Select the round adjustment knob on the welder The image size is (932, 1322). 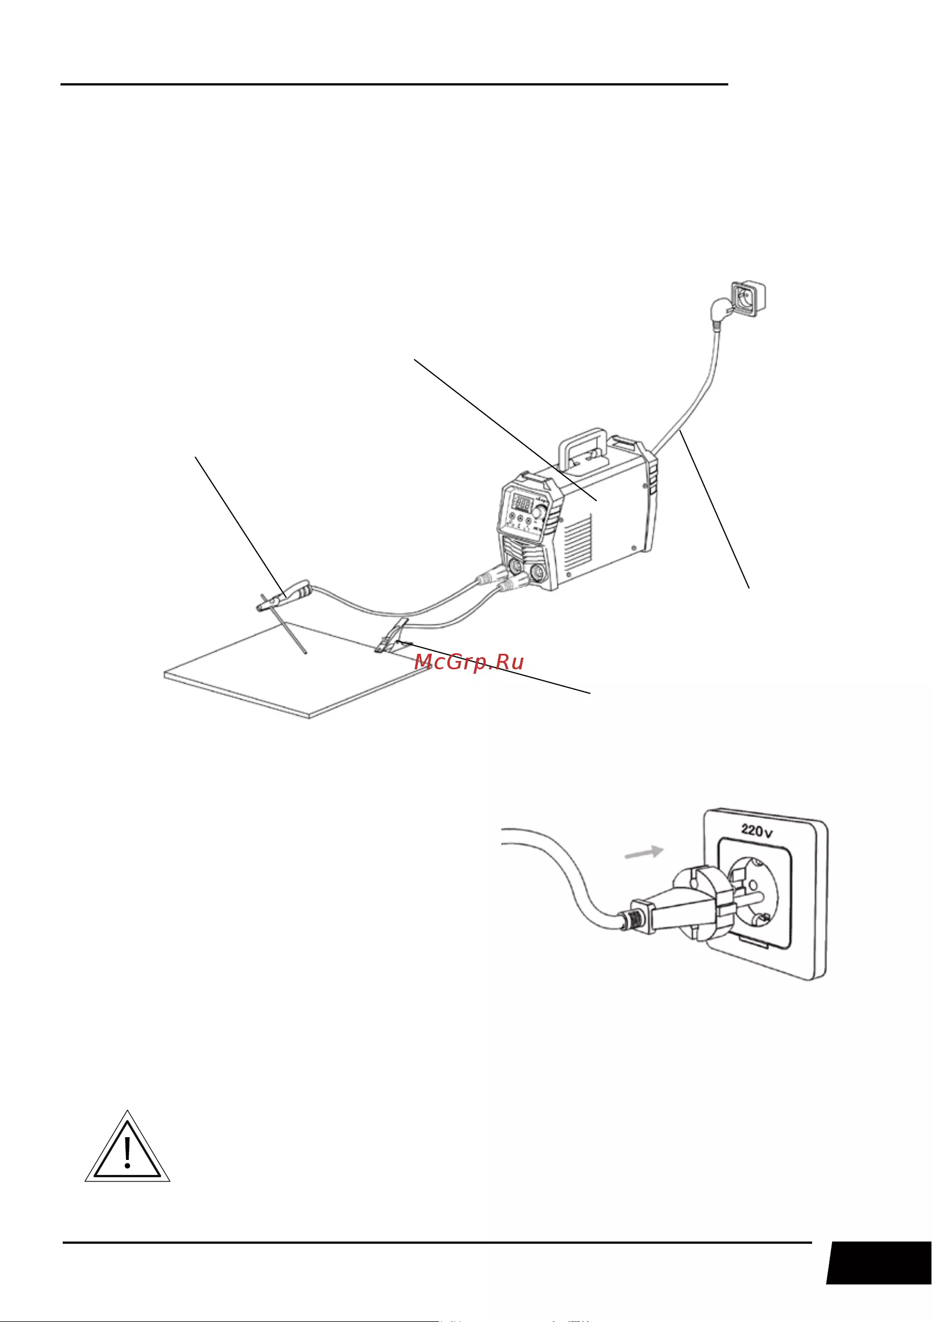pos(540,512)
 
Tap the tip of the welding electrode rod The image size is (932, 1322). pos(305,654)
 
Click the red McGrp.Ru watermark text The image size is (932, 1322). pos(469,662)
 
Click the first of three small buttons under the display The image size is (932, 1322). pos(511,518)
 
